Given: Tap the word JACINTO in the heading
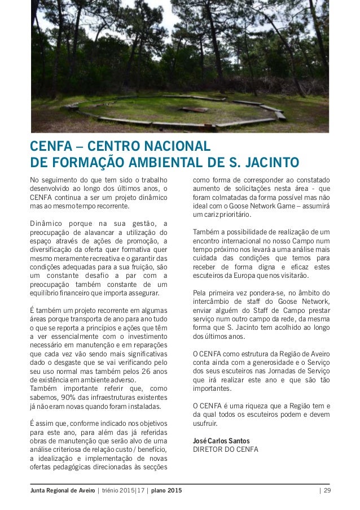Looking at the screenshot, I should click(270, 163).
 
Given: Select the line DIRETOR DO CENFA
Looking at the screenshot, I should click(225, 450).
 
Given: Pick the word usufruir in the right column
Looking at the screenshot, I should click(206, 423).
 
